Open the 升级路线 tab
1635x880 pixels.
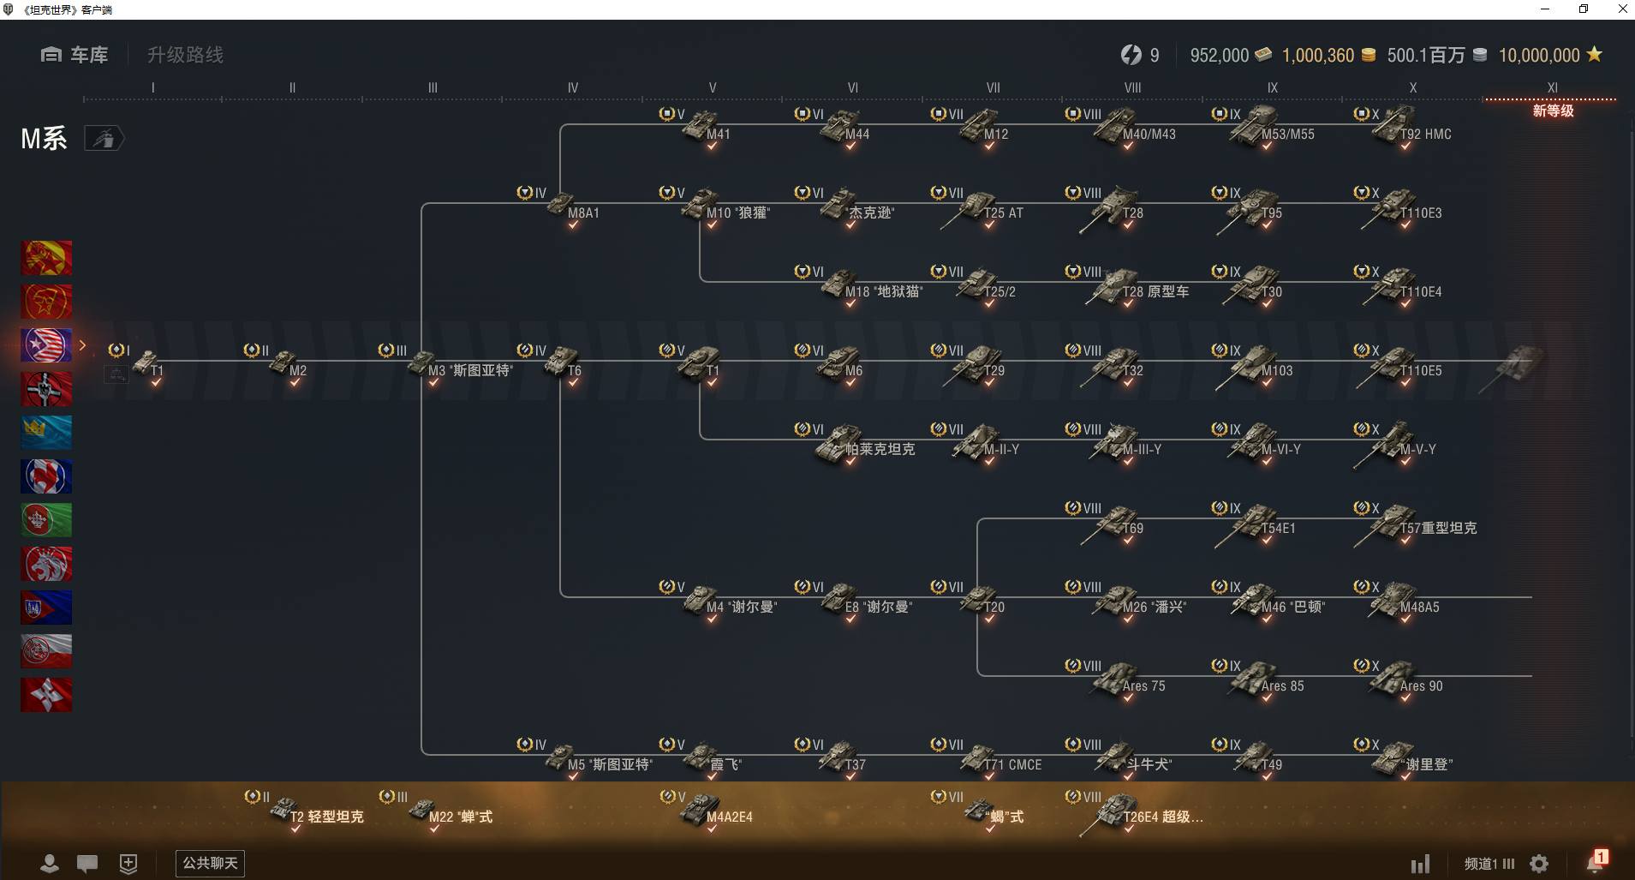(x=185, y=55)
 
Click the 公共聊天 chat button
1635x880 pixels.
(x=210, y=863)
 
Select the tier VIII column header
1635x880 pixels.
(x=1132, y=87)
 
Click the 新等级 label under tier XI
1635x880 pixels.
(x=1553, y=111)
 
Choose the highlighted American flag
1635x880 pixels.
(x=46, y=345)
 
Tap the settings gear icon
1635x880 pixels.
(x=1539, y=864)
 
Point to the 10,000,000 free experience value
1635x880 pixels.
(x=1539, y=56)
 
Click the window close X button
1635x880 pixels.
(x=1622, y=9)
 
